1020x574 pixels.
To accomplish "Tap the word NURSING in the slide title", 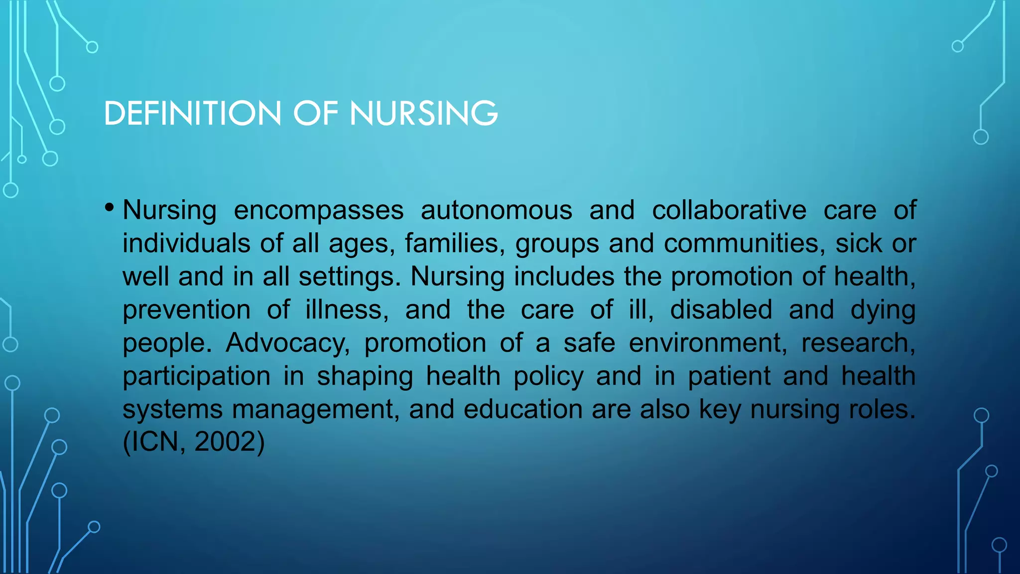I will (423, 113).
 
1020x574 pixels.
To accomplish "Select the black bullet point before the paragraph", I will (110, 207).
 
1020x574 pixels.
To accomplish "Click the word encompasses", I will (319, 210).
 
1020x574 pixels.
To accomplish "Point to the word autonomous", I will (497, 210).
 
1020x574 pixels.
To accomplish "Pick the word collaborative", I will (729, 210).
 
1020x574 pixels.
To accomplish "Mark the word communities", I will (741, 244).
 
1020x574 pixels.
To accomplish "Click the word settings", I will (349, 277).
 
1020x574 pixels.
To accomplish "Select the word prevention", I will (187, 310).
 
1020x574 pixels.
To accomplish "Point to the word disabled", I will (721, 310).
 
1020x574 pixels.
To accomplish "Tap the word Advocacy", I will (287, 343).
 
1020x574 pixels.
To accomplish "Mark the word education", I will (523, 410).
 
